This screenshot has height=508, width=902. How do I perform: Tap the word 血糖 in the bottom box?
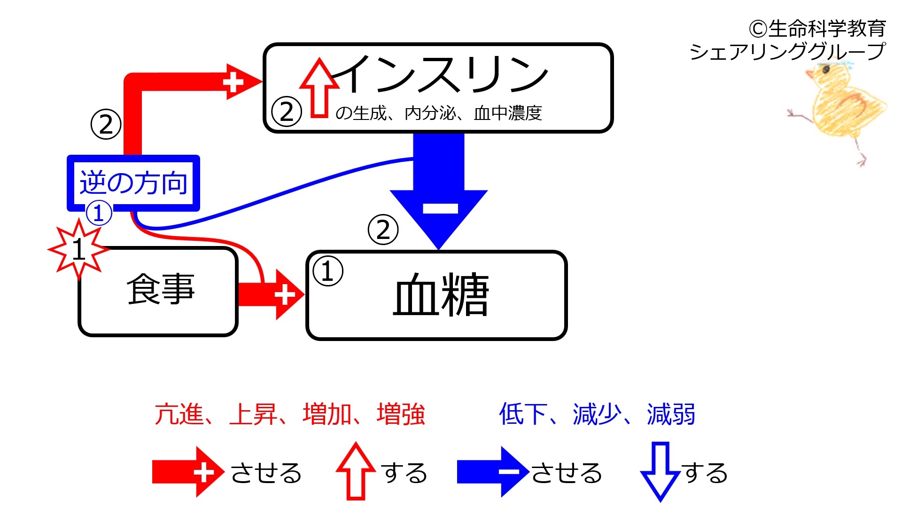441,295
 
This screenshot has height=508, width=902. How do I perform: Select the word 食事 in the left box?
160,289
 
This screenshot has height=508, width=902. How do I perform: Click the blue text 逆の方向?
133,183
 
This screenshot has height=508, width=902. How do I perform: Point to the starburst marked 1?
79,249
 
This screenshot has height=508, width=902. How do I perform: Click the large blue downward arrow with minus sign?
439,190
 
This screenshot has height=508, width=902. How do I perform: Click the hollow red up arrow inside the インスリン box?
319,87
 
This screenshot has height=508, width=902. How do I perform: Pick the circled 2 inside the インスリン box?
287,112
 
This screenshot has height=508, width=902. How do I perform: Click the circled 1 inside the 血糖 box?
328,271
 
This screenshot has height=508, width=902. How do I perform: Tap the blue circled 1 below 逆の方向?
99,214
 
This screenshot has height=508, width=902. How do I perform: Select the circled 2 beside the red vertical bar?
106,125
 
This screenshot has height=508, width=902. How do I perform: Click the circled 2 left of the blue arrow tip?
383,230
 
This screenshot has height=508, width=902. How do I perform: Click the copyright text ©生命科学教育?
817,29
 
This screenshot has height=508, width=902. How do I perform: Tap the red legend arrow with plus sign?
188,472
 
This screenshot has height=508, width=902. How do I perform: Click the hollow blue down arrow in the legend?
661,471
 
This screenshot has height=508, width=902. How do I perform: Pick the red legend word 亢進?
179,414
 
